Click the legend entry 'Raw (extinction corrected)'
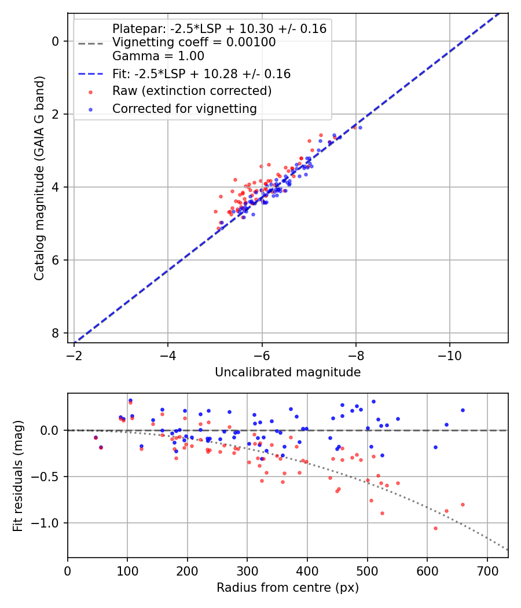point(192,91)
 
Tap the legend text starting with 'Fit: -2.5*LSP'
point(201,74)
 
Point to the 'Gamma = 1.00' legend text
point(158,56)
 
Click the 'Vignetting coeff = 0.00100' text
point(194,42)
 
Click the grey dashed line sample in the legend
point(90,43)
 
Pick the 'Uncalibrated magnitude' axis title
point(288,372)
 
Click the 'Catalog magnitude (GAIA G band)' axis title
point(39,177)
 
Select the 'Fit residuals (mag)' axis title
point(18,475)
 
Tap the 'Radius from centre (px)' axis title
point(288,588)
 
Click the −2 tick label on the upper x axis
point(74,354)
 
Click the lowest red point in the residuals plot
point(435,528)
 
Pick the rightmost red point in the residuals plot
point(463,504)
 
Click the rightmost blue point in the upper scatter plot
point(360,127)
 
